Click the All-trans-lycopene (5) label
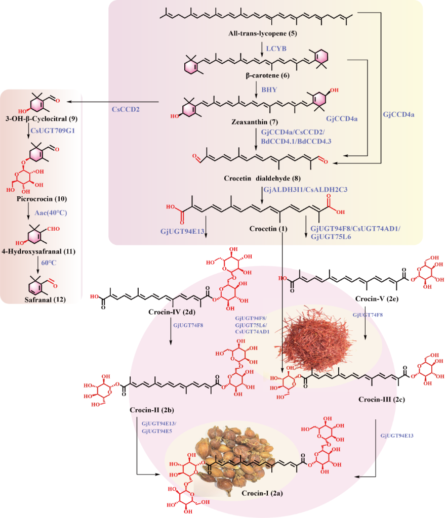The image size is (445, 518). coord(262,34)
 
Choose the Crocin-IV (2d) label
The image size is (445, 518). coord(171,312)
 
